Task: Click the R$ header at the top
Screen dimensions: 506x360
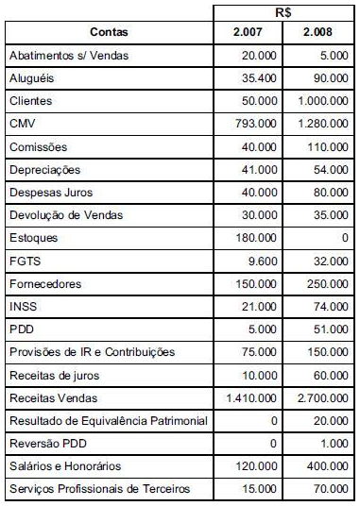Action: point(284,12)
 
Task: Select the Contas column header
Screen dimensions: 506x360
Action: point(109,33)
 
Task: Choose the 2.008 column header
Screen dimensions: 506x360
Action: point(319,33)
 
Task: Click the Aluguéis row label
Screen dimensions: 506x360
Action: point(31,78)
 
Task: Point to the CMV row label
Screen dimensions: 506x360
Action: point(22,124)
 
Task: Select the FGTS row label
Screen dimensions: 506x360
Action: point(24,261)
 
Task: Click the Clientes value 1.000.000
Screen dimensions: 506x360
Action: point(320,101)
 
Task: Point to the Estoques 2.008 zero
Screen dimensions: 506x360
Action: point(343,238)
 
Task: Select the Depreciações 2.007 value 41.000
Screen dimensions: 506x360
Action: point(261,170)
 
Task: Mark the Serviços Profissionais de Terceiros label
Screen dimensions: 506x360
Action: point(98,489)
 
